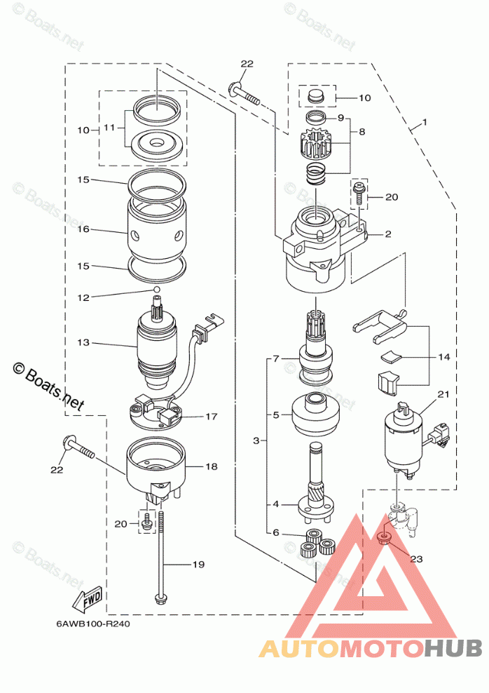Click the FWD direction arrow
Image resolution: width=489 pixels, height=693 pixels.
(x=88, y=600)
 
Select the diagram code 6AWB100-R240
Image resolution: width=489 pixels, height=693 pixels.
(x=92, y=624)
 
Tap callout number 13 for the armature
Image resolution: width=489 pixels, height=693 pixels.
(x=83, y=342)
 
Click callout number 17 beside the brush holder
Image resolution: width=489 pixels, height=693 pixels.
(x=212, y=417)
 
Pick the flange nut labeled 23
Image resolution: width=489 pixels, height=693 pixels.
(x=384, y=538)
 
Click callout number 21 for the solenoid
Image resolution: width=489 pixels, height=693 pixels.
(x=443, y=394)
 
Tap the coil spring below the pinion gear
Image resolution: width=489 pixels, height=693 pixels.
(x=316, y=174)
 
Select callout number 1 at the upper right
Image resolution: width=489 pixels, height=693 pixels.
(x=425, y=121)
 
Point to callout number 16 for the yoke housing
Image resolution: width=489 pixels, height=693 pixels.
(x=83, y=229)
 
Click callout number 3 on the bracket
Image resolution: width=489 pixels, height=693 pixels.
(x=256, y=440)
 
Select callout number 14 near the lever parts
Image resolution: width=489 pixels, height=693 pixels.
(x=444, y=356)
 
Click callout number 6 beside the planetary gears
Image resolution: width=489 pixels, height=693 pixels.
(x=276, y=532)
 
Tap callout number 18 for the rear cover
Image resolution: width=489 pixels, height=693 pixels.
(x=212, y=466)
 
